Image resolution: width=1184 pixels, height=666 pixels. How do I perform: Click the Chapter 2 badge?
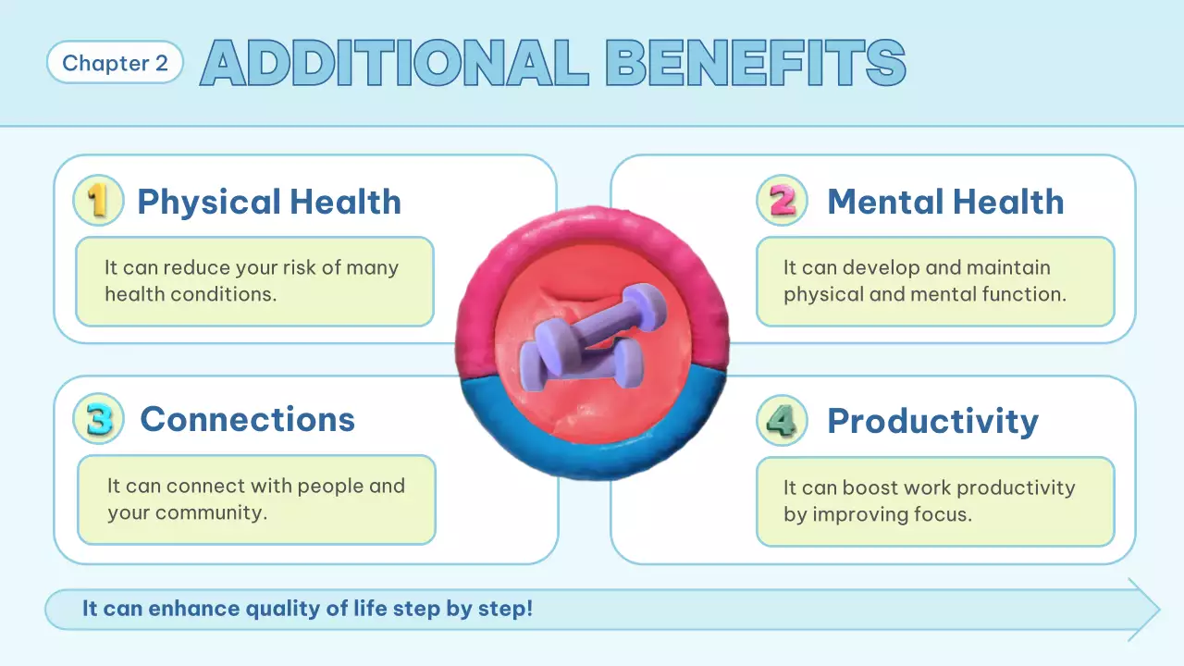pyautogui.click(x=115, y=63)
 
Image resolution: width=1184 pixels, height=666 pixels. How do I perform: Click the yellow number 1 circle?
pyautogui.click(x=98, y=201)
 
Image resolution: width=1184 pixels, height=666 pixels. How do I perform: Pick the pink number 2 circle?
pyautogui.click(x=782, y=201)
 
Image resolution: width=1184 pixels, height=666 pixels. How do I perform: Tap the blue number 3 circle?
pyautogui.click(x=98, y=419)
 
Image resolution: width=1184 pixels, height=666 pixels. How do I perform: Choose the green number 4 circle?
pyautogui.click(x=782, y=421)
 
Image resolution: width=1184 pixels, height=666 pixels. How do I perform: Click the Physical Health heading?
pyautogui.click(x=269, y=202)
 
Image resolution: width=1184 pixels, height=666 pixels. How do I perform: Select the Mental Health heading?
pyautogui.click(x=945, y=202)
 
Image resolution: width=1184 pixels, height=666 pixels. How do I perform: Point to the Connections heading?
pyautogui.click(x=247, y=419)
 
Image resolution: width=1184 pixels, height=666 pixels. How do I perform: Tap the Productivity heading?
pyautogui.click(x=932, y=421)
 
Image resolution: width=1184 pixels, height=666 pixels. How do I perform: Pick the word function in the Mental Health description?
pyautogui.click(x=1026, y=294)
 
